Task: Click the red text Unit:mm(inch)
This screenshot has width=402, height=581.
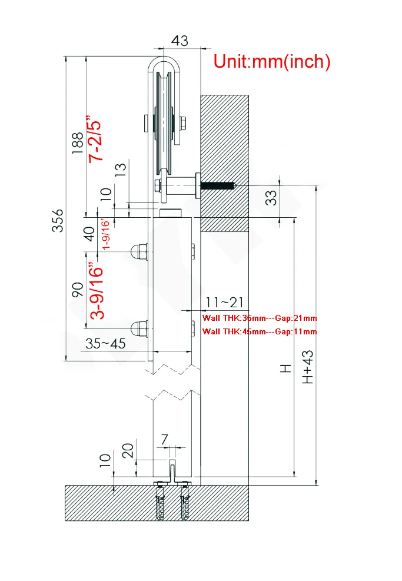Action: coord(271,61)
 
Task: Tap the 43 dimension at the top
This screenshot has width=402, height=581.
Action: coord(180,41)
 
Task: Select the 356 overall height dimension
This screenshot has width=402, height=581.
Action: coord(58,221)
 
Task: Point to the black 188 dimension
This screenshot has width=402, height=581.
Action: coord(78,143)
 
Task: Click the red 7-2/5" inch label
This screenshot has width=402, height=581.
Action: coord(95,138)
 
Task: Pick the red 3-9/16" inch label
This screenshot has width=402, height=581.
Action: coord(97,291)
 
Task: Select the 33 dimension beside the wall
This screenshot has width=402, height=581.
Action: coord(271,198)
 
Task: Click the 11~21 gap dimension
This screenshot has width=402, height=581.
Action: coord(224,303)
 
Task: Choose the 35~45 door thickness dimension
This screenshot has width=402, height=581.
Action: coord(105,344)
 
